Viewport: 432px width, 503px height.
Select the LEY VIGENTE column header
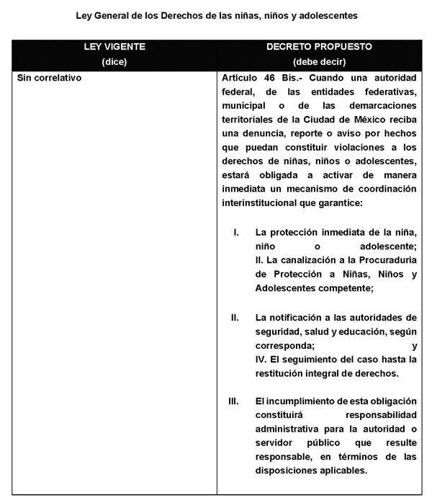click(115, 46)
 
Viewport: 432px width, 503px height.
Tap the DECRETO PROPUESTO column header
click(319, 46)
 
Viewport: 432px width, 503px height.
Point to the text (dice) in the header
click(115, 61)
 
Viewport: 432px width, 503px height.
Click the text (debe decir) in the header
click(319, 61)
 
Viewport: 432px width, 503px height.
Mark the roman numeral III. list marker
click(233, 401)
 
